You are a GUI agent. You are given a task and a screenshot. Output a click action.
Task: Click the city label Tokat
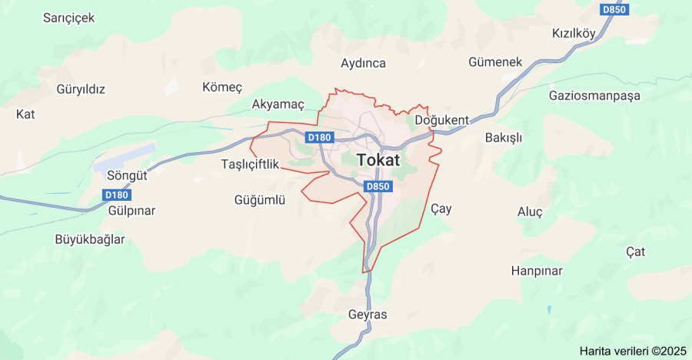click(378, 161)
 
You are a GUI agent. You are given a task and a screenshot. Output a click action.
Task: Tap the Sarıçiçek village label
click(68, 18)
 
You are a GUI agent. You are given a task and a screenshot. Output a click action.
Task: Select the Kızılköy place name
click(574, 34)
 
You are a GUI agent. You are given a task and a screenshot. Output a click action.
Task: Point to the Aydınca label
click(363, 63)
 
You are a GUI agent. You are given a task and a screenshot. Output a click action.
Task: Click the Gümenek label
click(495, 62)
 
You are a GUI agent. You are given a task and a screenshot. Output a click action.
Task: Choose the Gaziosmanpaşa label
click(594, 96)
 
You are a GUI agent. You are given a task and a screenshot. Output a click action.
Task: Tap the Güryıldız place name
click(81, 88)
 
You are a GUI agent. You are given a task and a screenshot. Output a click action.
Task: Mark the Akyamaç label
click(278, 104)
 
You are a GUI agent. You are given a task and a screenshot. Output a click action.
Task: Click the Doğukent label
click(441, 121)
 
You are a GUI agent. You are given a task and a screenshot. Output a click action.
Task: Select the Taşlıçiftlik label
click(250, 164)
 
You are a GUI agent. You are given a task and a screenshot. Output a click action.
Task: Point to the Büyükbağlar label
click(90, 239)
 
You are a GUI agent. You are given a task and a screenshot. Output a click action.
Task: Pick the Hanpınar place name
click(537, 271)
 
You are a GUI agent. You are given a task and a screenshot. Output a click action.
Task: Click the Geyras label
click(368, 315)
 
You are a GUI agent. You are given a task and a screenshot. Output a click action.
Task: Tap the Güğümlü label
click(260, 200)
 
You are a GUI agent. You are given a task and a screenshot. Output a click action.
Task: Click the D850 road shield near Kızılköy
click(614, 10)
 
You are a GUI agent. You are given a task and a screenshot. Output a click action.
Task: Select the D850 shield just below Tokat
click(378, 186)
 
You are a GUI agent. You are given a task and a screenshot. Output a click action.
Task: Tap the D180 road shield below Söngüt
click(117, 195)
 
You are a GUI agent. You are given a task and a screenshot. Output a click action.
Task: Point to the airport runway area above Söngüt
click(125, 155)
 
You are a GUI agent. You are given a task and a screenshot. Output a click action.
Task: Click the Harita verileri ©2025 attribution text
click(632, 351)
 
